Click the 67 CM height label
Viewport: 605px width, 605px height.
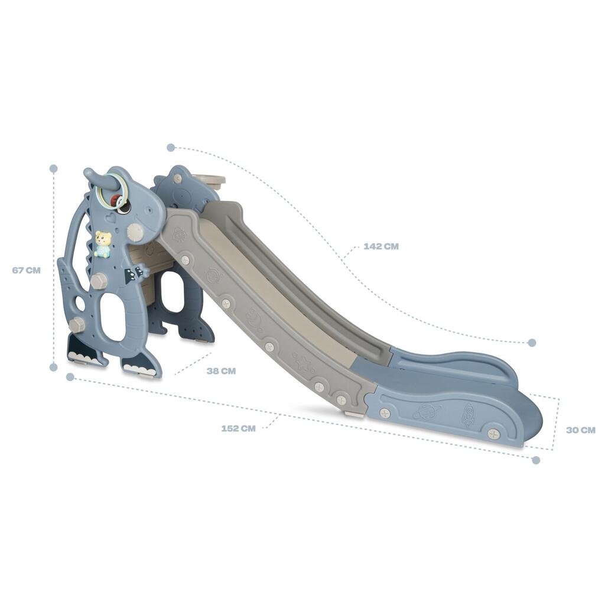26,270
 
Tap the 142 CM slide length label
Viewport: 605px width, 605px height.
381,246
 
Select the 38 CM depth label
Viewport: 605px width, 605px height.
221,371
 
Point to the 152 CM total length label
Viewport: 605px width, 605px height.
238,428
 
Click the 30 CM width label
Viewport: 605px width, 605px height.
581,430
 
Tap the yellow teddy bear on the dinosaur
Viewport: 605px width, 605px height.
103,244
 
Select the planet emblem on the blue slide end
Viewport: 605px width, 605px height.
427,412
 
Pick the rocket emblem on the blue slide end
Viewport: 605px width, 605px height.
469,415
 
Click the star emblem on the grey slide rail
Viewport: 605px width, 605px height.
302,362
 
